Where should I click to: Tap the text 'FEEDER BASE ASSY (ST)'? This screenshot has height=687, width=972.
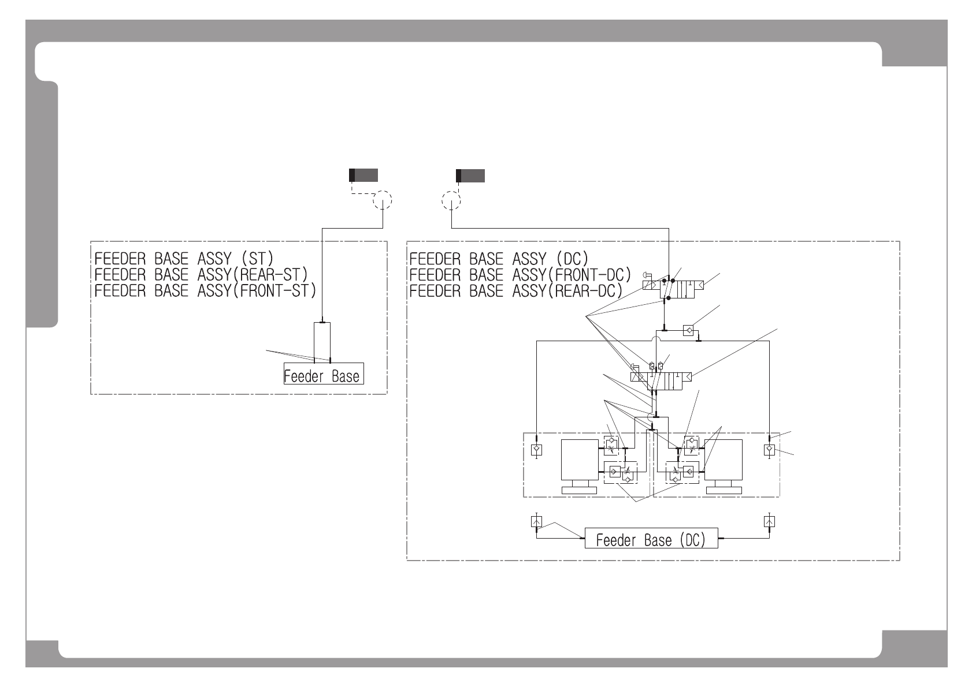(184, 257)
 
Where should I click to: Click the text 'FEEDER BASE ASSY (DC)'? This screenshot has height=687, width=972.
(498, 257)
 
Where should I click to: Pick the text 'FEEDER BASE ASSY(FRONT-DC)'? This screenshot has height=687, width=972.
(520, 274)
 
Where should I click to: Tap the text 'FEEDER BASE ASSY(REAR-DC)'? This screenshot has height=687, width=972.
(515, 290)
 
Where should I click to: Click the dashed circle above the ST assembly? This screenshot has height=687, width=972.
(382, 200)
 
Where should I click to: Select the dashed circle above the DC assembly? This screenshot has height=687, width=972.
(451, 201)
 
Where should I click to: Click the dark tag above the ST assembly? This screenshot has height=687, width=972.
(363, 175)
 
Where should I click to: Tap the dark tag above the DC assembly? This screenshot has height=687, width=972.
(470, 176)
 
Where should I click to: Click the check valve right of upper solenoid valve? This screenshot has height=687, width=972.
(688, 331)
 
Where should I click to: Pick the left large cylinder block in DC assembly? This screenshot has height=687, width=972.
(580, 460)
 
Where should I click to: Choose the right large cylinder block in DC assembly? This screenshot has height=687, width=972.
(724, 460)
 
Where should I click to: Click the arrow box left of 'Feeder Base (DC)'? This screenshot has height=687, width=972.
(536, 522)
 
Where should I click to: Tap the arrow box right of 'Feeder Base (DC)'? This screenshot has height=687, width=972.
(769, 522)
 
